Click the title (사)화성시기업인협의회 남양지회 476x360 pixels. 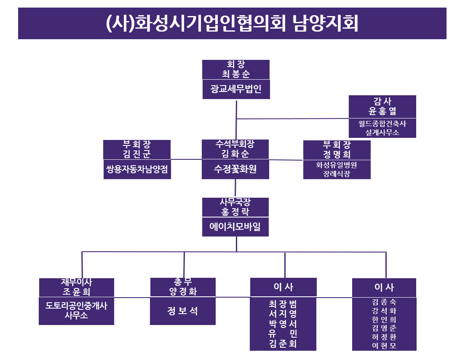[232, 24]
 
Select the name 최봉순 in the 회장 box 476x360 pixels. [236, 74]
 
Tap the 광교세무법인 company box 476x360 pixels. [236, 89]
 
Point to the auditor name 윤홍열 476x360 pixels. [382, 112]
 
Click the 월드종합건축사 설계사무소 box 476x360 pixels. [382, 128]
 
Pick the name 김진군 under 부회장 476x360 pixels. [137, 154]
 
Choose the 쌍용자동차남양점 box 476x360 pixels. [137, 169]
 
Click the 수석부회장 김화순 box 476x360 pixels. [235, 149]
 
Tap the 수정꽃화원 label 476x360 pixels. [235, 169]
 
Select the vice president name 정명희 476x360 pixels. [337, 154]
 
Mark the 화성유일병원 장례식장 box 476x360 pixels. [337, 169]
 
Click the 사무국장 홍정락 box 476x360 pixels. [235, 207]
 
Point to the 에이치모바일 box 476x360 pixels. [235, 227]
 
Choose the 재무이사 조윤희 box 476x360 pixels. [77, 287]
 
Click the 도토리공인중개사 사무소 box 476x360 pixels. [77, 311]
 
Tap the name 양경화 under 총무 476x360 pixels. [183, 291]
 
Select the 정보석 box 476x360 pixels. [183, 311]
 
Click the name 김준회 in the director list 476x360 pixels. [283, 344]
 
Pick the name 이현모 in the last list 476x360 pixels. [384, 346]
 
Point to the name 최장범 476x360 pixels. [283, 304]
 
